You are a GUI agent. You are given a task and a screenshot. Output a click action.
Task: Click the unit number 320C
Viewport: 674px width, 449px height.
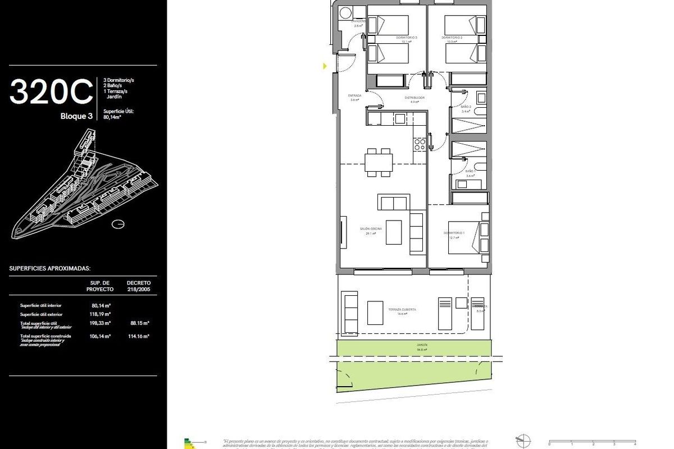coord(51,92)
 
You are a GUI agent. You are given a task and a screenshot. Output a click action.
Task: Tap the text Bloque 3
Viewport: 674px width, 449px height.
coord(77,117)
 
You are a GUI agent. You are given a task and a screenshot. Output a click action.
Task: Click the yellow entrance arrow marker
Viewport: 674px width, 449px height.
coord(325,66)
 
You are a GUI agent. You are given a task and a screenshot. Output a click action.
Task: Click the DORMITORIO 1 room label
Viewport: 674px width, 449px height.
coord(454,233)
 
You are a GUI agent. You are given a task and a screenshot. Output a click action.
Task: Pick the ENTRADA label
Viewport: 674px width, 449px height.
coord(354,97)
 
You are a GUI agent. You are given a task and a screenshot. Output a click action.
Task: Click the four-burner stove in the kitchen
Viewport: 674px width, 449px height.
coord(420,144)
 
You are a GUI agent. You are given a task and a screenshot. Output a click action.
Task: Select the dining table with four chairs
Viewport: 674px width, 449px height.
coord(377,162)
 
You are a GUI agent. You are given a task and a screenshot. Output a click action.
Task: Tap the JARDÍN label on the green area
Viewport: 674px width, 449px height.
coord(422,346)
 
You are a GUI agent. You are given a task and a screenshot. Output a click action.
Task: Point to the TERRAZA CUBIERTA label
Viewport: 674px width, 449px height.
coord(402,310)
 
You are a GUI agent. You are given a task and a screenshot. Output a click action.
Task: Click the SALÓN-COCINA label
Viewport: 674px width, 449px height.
coord(367,230)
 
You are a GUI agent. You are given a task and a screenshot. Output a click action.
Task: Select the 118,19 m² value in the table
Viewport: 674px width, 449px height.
coord(101,314)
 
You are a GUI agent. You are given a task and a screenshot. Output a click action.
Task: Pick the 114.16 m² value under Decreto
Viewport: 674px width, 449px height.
coord(138,336)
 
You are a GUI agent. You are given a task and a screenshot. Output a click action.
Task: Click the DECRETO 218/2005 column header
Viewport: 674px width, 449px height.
coord(138,286)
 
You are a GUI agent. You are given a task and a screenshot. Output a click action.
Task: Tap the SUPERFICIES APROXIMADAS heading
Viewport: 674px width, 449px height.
coord(50,269)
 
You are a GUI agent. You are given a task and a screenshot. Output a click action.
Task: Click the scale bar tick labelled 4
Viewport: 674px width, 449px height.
coord(635,444)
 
